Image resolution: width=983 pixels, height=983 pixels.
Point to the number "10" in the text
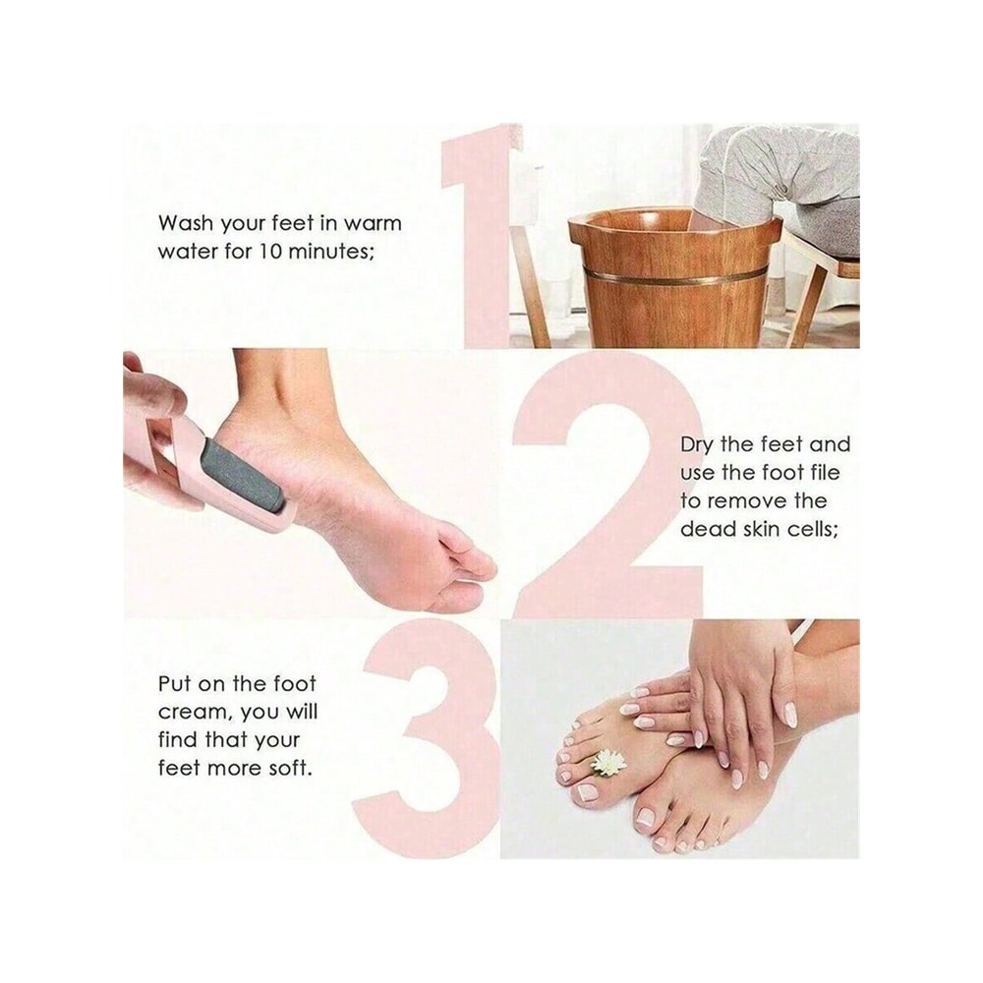pos(273,251)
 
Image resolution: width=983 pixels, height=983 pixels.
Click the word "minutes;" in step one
pos(332,251)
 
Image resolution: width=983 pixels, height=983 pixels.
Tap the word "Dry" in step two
pos(699,445)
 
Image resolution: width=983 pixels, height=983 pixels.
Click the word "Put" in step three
pos(177,683)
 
